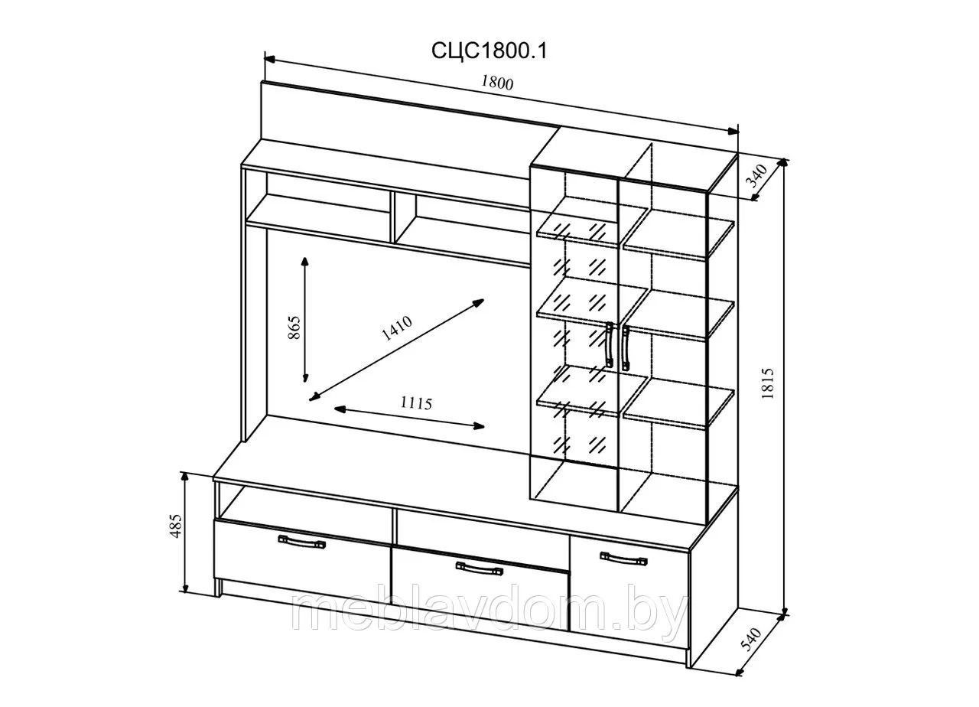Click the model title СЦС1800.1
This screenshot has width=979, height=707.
click(489, 51)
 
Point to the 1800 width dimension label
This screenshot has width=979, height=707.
click(497, 83)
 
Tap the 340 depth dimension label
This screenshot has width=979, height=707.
click(758, 175)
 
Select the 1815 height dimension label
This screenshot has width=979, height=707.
click(768, 383)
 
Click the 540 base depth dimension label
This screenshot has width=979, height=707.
click(751, 639)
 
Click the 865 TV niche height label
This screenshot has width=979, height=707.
click(294, 327)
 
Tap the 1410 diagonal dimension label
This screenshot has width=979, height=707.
click(397, 328)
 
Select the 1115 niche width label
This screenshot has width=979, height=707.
click(416, 403)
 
